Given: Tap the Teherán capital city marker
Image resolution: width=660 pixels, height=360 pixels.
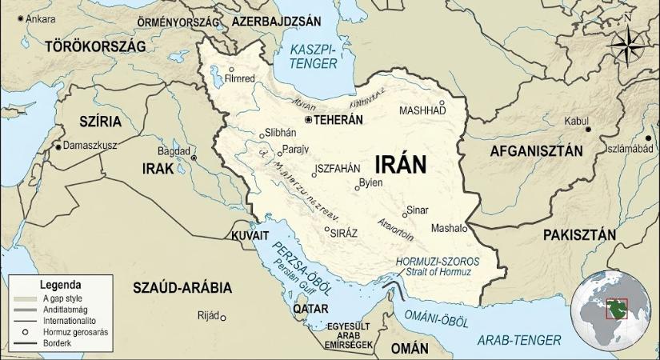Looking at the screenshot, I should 308,120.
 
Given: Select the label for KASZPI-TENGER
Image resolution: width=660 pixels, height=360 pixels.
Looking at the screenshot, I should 314,54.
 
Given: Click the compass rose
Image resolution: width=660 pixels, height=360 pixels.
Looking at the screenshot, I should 626,46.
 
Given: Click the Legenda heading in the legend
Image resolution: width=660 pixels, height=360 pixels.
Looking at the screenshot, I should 60,284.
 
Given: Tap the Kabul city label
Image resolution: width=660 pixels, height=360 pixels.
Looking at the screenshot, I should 576,121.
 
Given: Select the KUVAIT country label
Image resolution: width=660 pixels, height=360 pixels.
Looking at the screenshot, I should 250,236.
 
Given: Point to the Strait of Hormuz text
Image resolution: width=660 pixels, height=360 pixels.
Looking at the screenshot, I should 438,273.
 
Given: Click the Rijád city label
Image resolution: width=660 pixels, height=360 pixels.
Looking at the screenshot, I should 207,316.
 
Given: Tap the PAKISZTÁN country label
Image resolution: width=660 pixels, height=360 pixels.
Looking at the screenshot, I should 578,234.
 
